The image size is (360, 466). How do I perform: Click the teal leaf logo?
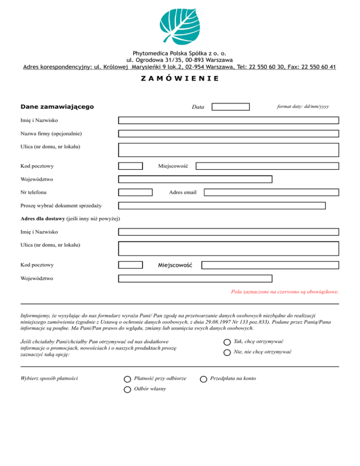point(180,24)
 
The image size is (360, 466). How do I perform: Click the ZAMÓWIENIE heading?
point(180,78)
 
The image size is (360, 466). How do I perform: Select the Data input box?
point(231,107)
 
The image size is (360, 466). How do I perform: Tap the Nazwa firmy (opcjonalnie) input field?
point(228,134)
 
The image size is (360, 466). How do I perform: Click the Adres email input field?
point(271,192)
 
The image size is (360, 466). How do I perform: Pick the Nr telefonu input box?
point(135,192)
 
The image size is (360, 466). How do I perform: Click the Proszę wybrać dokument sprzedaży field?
point(222,205)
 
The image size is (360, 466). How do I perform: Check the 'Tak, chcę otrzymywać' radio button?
point(227,341)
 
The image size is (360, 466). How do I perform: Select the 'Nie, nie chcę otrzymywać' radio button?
point(227,352)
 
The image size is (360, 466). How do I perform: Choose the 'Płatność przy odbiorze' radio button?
point(127,379)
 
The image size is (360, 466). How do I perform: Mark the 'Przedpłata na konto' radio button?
point(203,379)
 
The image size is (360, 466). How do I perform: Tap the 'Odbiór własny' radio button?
point(127,390)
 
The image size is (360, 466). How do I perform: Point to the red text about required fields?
point(285,291)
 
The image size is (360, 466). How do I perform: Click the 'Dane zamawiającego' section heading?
point(57,107)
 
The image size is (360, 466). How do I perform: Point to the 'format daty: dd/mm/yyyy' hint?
point(303,106)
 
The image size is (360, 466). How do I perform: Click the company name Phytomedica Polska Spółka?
point(180,54)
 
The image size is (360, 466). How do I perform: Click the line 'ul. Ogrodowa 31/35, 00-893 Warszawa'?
point(180,60)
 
